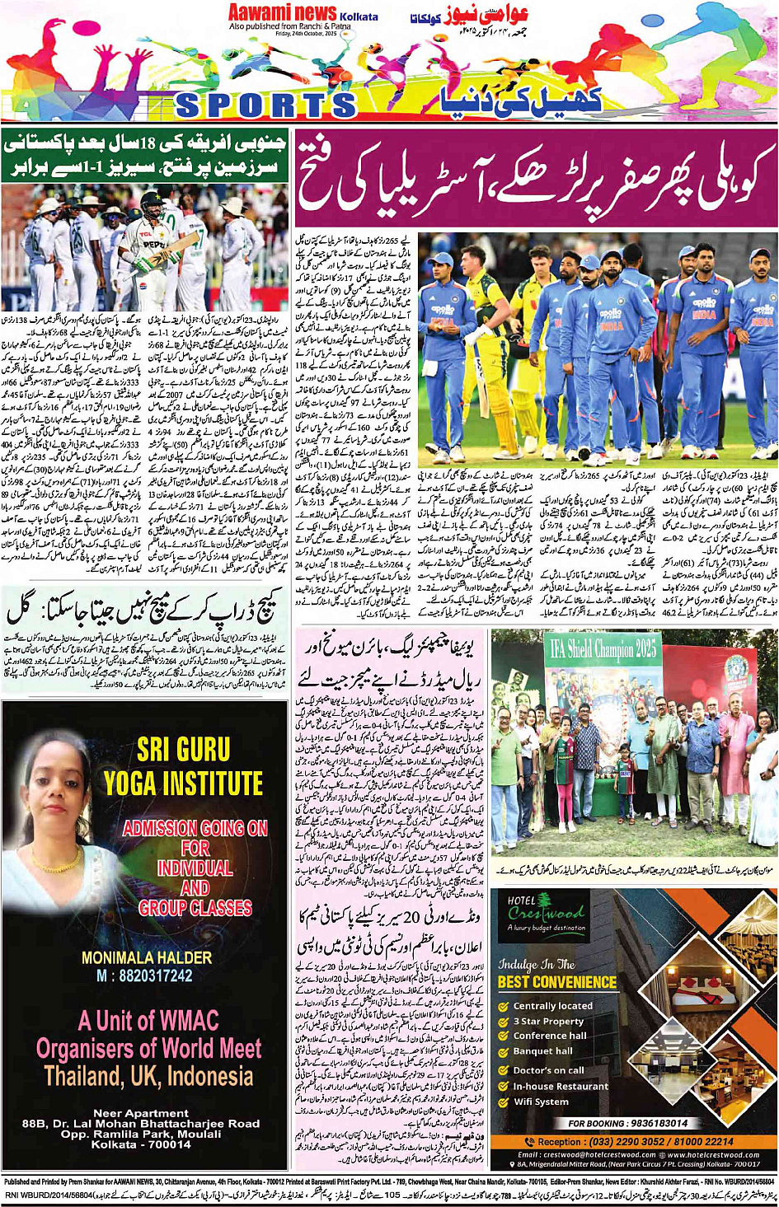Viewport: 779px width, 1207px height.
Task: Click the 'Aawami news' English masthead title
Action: [x=282, y=12]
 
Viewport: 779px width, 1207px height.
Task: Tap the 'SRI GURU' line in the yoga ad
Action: [x=183, y=749]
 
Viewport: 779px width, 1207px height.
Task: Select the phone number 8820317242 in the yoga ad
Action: [x=144, y=976]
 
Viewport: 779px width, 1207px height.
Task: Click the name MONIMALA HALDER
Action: [x=147, y=957]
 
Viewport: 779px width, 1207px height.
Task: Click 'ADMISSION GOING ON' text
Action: [x=195, y=827]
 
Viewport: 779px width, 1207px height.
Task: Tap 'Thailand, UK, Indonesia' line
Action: [x=148, y=1076]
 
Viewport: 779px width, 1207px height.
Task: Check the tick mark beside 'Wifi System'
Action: [x=503, y=1102]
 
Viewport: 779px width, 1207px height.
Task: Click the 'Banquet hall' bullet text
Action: [x=542, y=1051]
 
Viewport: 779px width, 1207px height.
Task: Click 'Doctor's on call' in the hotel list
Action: [x=548, y=1070]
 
